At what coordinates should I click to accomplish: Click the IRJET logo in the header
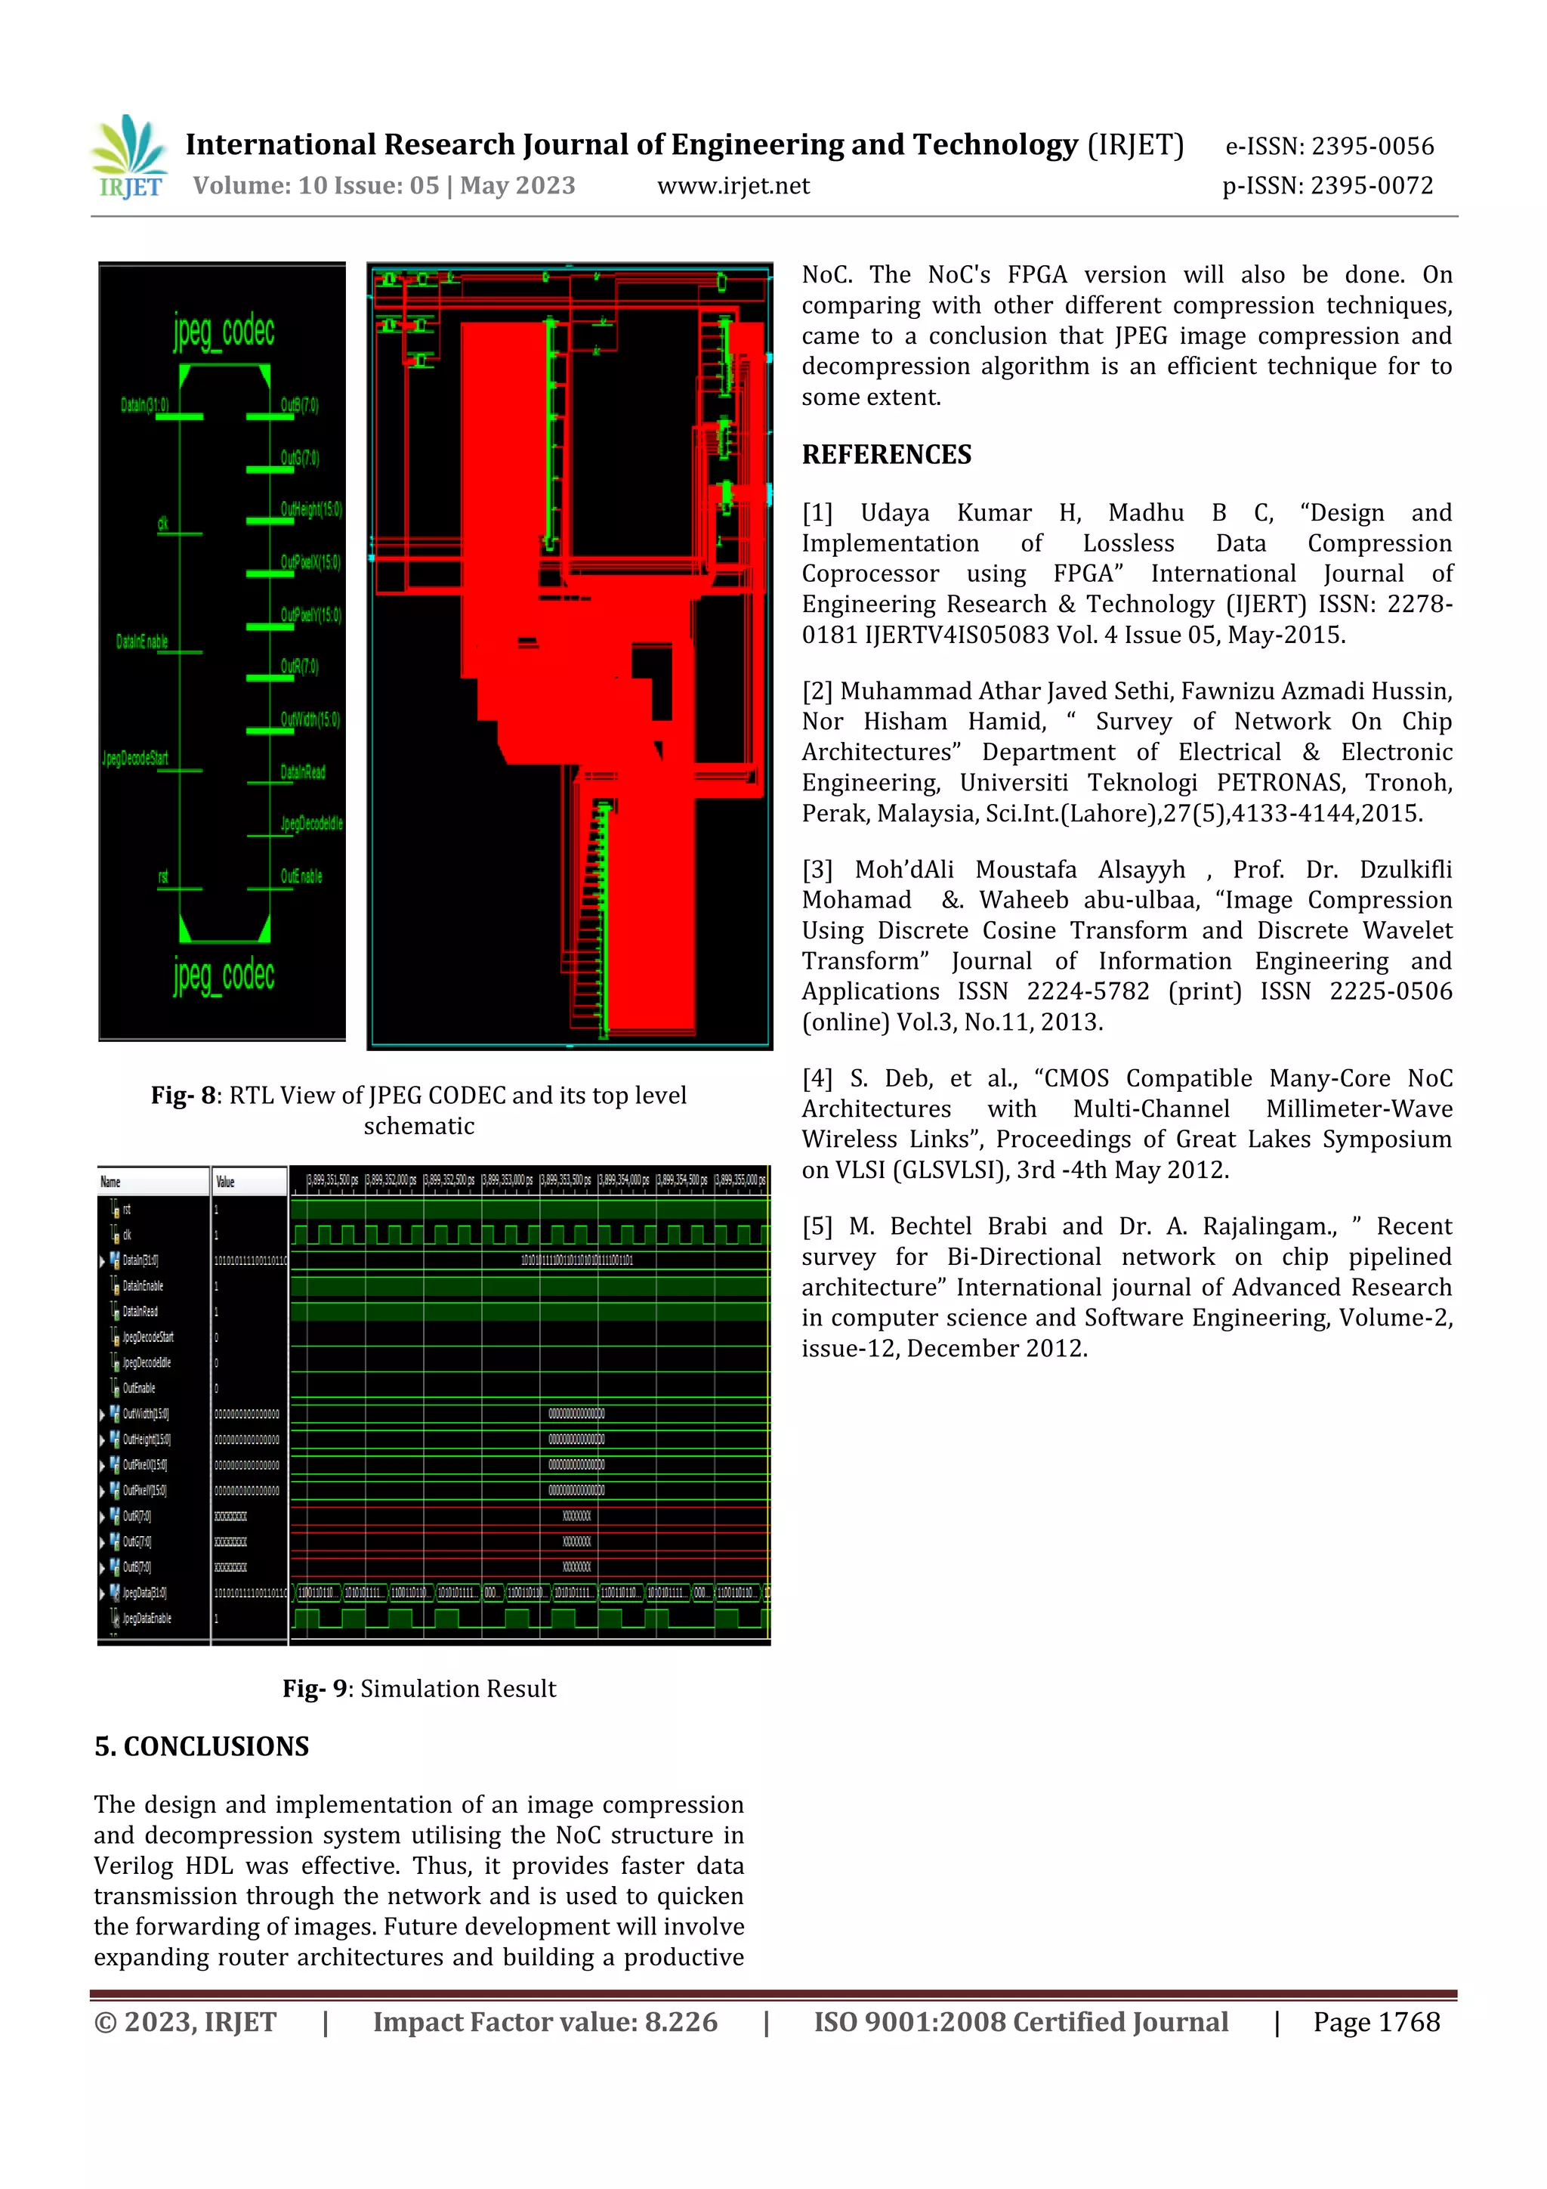pyautogui.click(x=128, y=157)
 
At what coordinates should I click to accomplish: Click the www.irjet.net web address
pyautogui.click(x=733, y=186)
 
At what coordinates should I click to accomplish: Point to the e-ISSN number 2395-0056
pyautogui.click(x=1372, y=146)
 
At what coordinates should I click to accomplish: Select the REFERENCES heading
pyautogui.click(x=887, y=455)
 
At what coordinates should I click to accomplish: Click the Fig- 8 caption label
pyautogui.click(x=186, y=1096)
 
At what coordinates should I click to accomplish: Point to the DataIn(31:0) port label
pyautogui.click(x=144, y=405)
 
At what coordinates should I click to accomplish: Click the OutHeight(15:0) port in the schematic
pyautogui.click(x=310, y=509)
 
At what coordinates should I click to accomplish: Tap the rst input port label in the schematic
pyautogui.click(x=163, y=877)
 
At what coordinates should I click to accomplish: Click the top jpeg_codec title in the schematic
pyautogui.click(x=224, y=331)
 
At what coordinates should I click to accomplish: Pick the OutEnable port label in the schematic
pyautogui.click(x=301, y=877)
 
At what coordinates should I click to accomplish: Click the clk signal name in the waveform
pyautogui.click(x=127, y=1235)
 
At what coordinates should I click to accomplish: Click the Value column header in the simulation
pyautogui.click(x=225, y=1183)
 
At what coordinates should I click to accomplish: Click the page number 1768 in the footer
pyautogui.click(x=1408, y=2022)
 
